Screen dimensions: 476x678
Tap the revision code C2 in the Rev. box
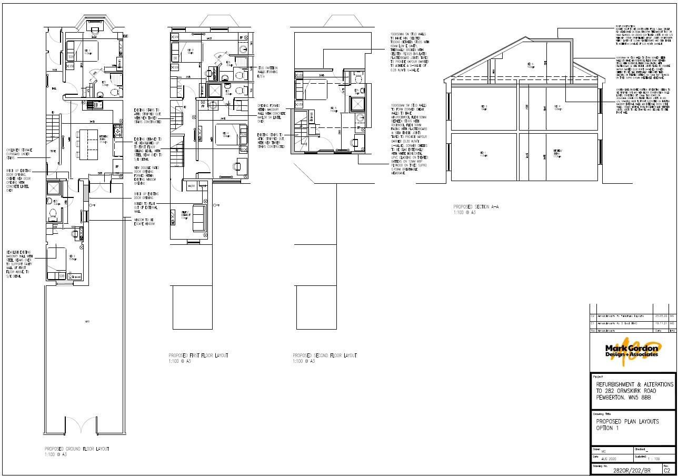tap(666, 470)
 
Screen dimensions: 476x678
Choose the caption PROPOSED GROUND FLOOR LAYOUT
tap(77, 449)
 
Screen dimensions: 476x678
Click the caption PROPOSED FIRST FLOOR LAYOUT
tap(198, 356)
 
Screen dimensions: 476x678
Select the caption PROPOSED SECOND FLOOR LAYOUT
tap(324, 356)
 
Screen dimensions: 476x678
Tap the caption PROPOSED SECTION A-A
tap(476, 207)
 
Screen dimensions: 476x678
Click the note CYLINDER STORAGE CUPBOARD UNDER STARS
tap(19, 153)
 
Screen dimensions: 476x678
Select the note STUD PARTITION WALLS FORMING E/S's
tap(267, 72)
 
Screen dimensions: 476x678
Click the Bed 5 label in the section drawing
tap(530, 65)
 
